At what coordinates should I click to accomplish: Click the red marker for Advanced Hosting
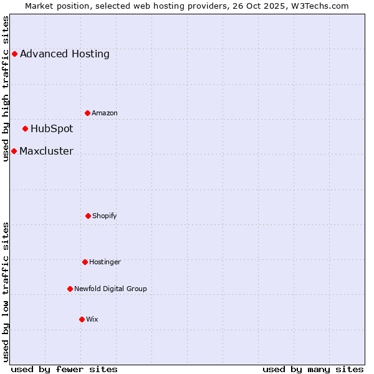(14, 54)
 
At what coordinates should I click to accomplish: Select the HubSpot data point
(25, 129)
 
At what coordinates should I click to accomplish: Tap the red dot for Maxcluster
(14, 151)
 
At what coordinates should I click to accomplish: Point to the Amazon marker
(87, 113)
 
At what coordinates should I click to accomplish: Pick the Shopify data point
(88, 216)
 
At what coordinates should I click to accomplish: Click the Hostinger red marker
(85, 262)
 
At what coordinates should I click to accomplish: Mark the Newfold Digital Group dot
(70, 289)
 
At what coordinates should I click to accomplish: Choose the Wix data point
(82, 319)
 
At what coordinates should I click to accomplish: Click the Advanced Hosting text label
(65, 54)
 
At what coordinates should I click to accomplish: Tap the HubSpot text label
(52, 129)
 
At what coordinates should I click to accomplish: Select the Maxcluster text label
(46, 151)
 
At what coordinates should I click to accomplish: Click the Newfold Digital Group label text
(110, 289)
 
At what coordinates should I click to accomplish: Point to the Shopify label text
(104, 216)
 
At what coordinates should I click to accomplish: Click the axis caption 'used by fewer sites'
(64, 369)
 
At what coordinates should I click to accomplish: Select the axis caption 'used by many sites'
(313, 369)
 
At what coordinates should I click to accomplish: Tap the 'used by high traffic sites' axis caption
(6, 89)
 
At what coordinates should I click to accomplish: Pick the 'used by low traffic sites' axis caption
(6, 292)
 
